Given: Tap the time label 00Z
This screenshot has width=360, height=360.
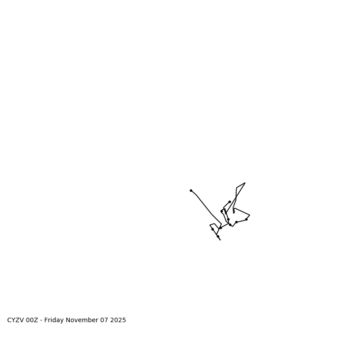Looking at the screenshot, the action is click(32, 320).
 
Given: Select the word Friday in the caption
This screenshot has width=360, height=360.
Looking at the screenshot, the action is click(54, 320).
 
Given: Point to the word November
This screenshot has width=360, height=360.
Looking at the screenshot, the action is click(82, 320).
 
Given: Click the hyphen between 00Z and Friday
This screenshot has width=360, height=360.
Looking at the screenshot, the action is click(41, 320).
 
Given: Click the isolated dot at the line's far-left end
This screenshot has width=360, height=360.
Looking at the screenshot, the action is click(191, 190).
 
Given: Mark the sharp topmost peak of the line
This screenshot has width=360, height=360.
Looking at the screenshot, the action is click(245, 183).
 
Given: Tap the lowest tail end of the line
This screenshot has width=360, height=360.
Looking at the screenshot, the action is click(220, 240).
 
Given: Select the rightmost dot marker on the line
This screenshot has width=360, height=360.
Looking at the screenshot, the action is click(246, 219).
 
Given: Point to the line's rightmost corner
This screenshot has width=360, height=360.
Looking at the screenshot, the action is click(250, 215).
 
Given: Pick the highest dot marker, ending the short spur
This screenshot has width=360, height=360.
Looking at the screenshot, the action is click(229, 202).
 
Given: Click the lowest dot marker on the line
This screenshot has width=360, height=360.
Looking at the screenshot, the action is click(218, 236).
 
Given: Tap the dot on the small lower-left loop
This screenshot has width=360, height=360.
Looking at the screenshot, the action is click(212, 229).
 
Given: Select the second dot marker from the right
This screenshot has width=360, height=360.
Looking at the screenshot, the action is click(236, 222).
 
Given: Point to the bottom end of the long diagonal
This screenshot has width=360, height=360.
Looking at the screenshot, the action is click(221, 224).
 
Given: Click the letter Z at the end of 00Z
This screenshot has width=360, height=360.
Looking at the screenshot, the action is click(36, 320).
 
